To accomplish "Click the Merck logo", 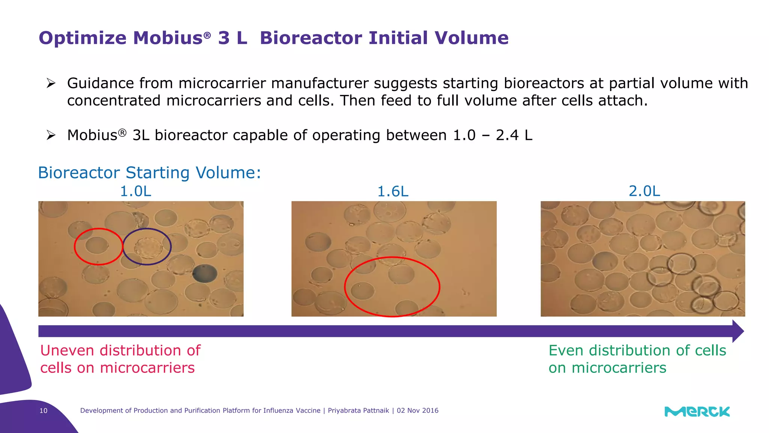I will click(x=697, y=412).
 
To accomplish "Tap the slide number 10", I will click(x=44, y=410).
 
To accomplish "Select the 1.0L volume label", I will click(x=136, y=191).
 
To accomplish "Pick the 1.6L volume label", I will click(x=392, y=192).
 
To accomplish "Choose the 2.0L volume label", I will click(x=644, y=191).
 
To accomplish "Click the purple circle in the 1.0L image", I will click(x=147, y=247).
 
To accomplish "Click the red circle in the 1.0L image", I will click(x=98, y=247).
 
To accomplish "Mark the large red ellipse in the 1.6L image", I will click(x=392, y=287).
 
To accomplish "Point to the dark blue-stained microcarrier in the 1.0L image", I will click(x=205, y=273).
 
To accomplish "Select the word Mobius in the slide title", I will click(x=168, y=38).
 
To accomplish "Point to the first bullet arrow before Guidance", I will click(x=51, y=83).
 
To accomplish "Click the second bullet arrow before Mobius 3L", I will click(x=51, y=135).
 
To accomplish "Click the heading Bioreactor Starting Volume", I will click(x=149, y=173).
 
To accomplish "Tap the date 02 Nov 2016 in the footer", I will click(x=418, y=410).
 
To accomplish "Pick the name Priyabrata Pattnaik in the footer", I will click(x=358, y=410).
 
